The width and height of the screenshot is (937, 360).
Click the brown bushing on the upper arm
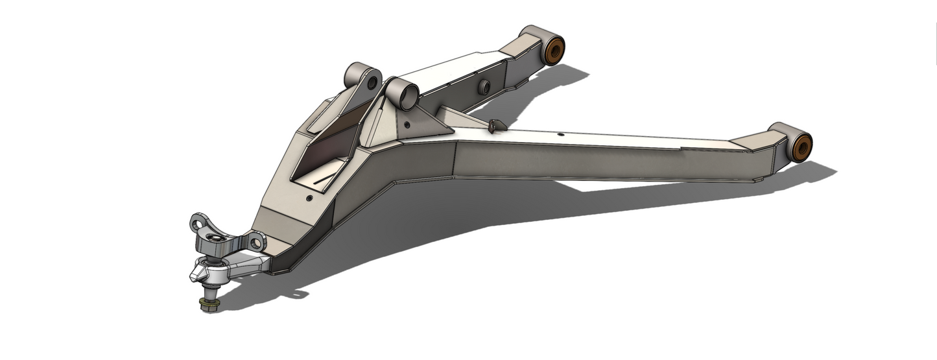(x=555, y=51)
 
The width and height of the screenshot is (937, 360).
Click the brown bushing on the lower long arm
(x=801, y=147)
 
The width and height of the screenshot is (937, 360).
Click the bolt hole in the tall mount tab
(x=372, y=84)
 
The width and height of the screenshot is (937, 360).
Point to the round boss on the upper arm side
(x=483, y=87)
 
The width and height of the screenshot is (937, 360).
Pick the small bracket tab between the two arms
(x=496, y=125)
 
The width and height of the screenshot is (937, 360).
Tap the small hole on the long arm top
(x=560, y=136)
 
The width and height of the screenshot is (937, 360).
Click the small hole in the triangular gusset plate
(x=407, y=125)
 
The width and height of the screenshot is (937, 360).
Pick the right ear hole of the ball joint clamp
(x=257, y=243)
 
